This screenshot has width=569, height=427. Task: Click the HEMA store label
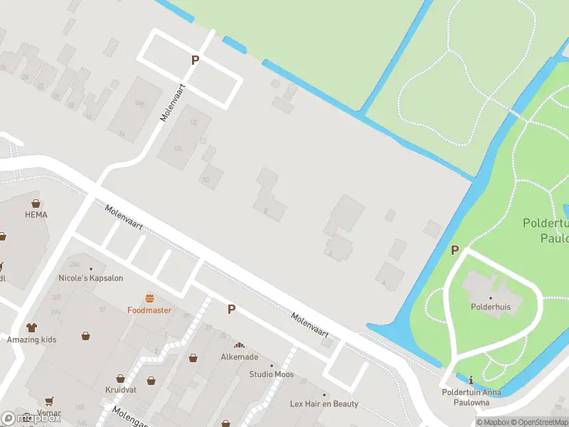[36, 214]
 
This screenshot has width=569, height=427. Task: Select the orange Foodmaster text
[149, 310]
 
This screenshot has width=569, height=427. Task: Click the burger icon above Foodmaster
[149, 298]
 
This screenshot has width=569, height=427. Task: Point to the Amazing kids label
[32, 339]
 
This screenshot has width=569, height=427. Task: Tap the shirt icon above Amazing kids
[32, 328]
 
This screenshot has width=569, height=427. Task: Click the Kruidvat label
[121, 391]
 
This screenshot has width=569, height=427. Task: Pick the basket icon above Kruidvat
[121, 379]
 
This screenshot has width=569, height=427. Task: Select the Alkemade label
[239, 357]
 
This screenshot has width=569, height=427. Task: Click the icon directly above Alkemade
[239, 345]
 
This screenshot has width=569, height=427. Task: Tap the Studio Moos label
[271, 374]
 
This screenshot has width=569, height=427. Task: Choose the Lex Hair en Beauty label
[324, 404]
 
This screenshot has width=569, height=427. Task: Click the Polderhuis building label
[490, 307]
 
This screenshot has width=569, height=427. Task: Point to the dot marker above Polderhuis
[490, 297]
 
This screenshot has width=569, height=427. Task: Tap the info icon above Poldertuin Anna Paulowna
[471, 381]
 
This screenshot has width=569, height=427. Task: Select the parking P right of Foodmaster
[231, 309]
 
